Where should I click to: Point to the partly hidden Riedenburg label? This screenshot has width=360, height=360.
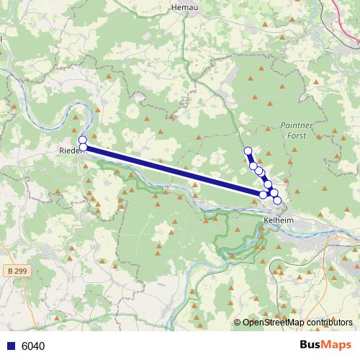click(x=70, y=150)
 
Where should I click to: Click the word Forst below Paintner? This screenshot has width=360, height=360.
click(x=295, y=135)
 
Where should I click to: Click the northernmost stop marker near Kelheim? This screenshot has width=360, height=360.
click(x=248, y=150)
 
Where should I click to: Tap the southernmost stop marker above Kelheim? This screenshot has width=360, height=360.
click(x=277, y=200)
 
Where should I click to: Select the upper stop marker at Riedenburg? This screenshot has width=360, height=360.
click(x=83, y=140)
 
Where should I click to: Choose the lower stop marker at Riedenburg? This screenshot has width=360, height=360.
click(x=83, y=148)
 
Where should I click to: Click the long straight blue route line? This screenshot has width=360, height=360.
click(x=173, y=171)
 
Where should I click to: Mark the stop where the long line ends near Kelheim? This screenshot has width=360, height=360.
click(x=264, y=194)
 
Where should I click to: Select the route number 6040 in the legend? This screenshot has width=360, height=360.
click(x=33, y=346)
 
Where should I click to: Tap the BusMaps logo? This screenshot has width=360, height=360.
click(x=325, y=345)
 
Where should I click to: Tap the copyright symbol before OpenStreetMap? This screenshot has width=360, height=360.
click(x=238, y=323)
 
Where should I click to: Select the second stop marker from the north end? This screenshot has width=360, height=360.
click(x=253, y=166)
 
